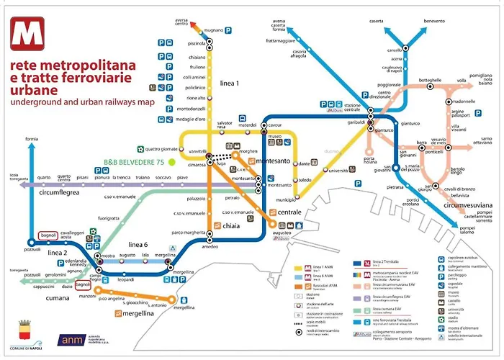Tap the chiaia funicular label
pyautogui.click(x=230, y=227)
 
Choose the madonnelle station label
pyautogui.click(x=461, y=102)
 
